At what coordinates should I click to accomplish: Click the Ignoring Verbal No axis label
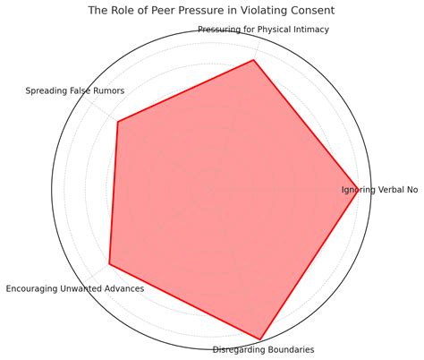click(x=379, y=190)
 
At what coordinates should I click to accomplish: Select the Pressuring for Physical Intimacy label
click(x=264, y=30)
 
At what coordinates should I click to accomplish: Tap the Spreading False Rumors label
click(x=75, y=90)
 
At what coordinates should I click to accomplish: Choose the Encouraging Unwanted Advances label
click(x=75, y=288)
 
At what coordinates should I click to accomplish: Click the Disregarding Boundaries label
click(x=263, y=349)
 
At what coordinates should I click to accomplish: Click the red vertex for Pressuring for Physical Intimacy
click(x=253, y=61)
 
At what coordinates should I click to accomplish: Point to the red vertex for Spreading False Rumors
click(x=118, y=122)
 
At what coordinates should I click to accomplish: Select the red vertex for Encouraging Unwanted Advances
click(x=109, y=264)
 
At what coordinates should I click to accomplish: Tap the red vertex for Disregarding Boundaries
click(x=259, y=339)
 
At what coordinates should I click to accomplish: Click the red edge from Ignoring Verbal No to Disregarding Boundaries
click(x=309, y=264)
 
